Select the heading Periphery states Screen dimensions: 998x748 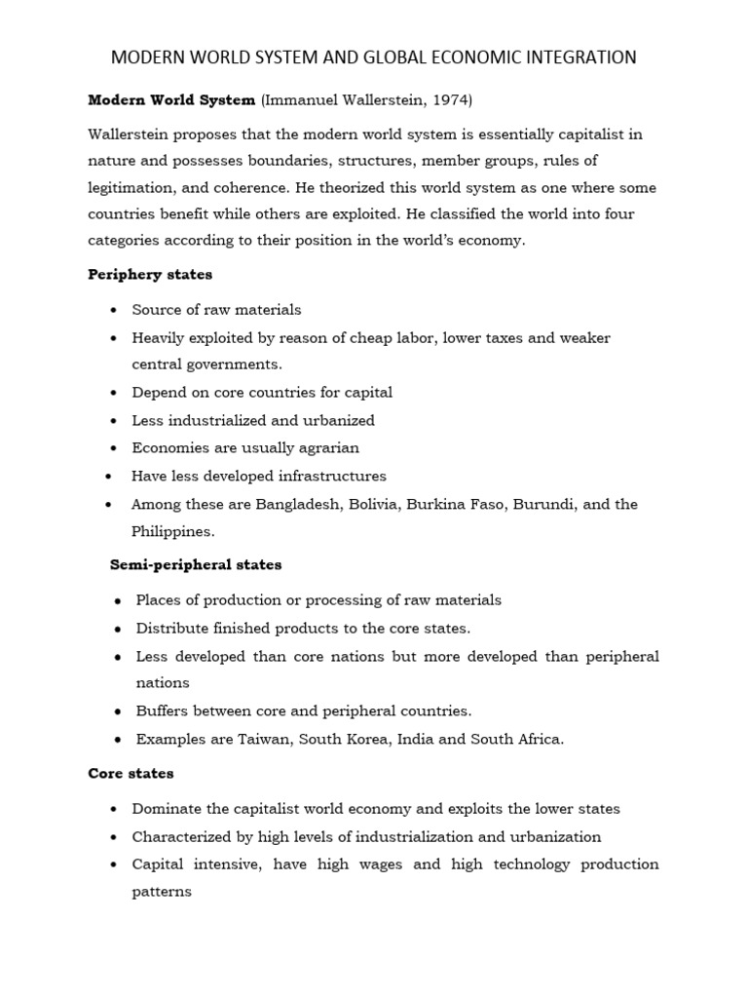click(x=150, y=275)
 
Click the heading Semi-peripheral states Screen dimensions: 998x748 click(x=196, y=564)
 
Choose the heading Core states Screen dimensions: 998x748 click(x=131, y=773)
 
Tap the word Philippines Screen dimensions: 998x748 click(x=171, y=531)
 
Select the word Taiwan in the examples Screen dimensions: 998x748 click(x=261, y=739)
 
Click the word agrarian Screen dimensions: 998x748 click(x=323, y=448)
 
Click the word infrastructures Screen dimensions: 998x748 click(x=329, y=476)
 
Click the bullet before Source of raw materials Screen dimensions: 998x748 click(x=114, y=310)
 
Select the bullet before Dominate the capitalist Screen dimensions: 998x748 click(x=114, y=809)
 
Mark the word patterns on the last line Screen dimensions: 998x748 click(x=162, y=892)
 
